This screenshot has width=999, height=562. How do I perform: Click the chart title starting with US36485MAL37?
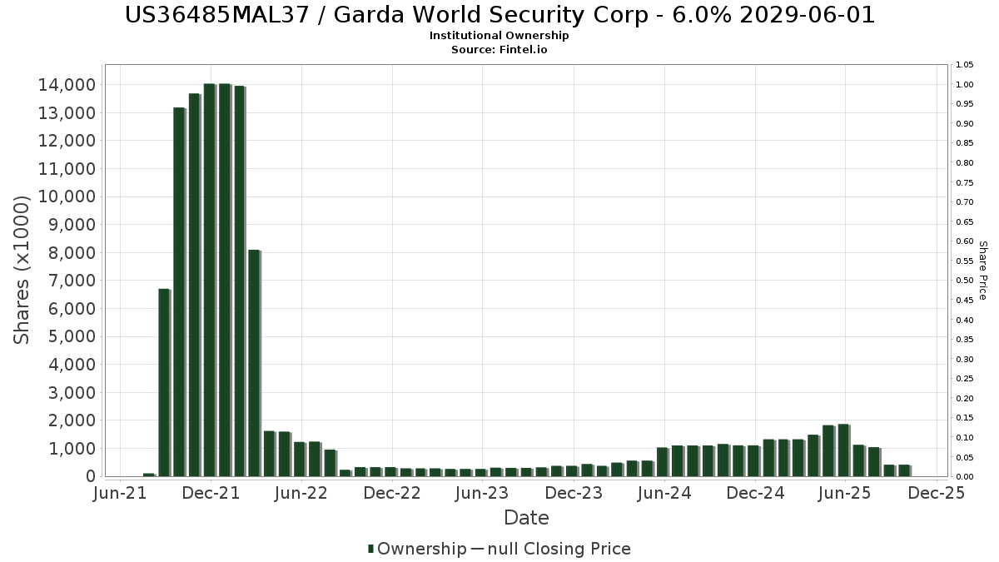point(499,15)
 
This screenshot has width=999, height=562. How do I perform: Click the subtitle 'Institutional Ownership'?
point(499,36)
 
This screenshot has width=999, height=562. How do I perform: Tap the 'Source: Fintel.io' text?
point(499,50)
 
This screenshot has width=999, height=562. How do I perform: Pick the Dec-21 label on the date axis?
point(211,494)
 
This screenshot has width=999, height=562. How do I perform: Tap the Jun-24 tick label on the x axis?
point(664,494)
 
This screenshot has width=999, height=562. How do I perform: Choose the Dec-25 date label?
point(936,494)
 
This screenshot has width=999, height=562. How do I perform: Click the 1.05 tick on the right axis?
point(965,65)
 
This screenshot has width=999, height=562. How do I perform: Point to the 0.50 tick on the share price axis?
point(965,281)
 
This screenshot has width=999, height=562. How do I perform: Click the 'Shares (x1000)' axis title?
point(22,270)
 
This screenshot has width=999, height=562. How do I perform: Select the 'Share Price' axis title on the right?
point(982,271)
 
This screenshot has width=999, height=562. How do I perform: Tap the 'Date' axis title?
point(526,518)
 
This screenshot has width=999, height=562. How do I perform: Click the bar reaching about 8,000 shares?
point(254,363)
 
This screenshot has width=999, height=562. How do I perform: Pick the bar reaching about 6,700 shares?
point(163,382)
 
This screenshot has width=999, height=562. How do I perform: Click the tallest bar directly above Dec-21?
point(209,280)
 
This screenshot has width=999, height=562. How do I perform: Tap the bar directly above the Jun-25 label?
point(843,450)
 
